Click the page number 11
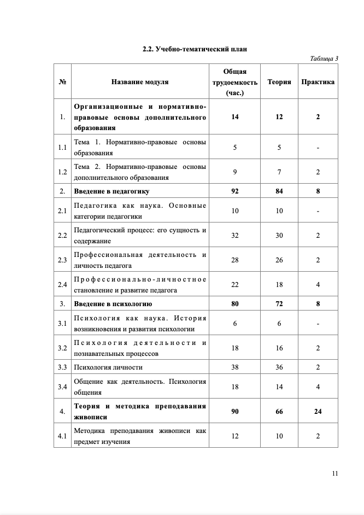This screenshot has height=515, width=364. pos(335,473)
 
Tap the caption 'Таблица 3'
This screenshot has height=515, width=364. pos(324,58)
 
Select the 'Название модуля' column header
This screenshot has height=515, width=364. pos(140,82)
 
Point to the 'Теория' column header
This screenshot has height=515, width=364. pos(279,82)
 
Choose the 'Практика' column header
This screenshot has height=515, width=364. pos(318,82)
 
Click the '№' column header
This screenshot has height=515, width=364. pos(62,82)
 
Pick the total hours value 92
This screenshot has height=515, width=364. pos(235,191)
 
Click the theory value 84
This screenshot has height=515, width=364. pos(279,191)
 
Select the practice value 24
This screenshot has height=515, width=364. pos(318,411)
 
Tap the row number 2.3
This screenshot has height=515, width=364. pos(62,260)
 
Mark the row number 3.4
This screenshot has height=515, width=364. pos(62,387)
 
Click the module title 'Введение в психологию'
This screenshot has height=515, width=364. pos(113,303)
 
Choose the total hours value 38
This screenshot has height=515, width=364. pos(235,367)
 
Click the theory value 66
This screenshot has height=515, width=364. pos(279,411)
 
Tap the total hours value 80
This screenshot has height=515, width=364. pos(235,303)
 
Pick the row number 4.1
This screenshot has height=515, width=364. pos(62,436)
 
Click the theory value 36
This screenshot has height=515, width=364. pos(279,367)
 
